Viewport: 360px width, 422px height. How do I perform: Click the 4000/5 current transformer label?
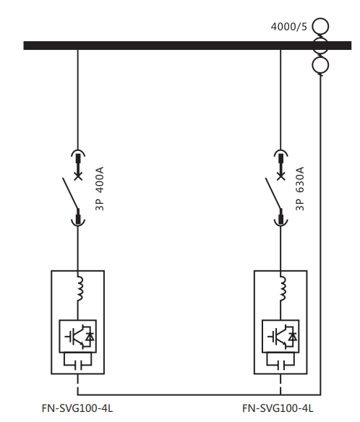point(288,27)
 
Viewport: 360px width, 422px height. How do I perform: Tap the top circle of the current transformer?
point(320,19)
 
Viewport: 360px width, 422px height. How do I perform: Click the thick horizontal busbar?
point(187,46)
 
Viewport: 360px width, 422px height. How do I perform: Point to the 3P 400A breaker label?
point(99,189)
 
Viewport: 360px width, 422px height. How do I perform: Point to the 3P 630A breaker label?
point(300,189)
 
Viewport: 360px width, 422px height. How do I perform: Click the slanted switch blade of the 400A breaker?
point(71,193)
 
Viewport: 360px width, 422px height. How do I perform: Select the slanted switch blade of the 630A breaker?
point(273,193)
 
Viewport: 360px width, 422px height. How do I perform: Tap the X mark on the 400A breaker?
point(78,176)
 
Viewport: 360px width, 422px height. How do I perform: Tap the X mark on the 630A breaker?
point(280,176)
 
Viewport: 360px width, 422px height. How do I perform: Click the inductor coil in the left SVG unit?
point(80,288)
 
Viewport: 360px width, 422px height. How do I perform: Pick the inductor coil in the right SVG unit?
point(283,288)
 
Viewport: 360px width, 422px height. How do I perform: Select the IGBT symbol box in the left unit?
point(78,336)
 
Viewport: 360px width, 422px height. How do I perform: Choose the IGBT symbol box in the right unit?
point(280,336)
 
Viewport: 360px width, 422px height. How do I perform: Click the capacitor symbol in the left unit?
point(78,365)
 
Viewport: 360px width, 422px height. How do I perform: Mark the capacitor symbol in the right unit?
point(280,365)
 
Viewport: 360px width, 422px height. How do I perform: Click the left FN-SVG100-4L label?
point(77,408)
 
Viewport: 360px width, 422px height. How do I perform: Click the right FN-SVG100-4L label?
point(278,408)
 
